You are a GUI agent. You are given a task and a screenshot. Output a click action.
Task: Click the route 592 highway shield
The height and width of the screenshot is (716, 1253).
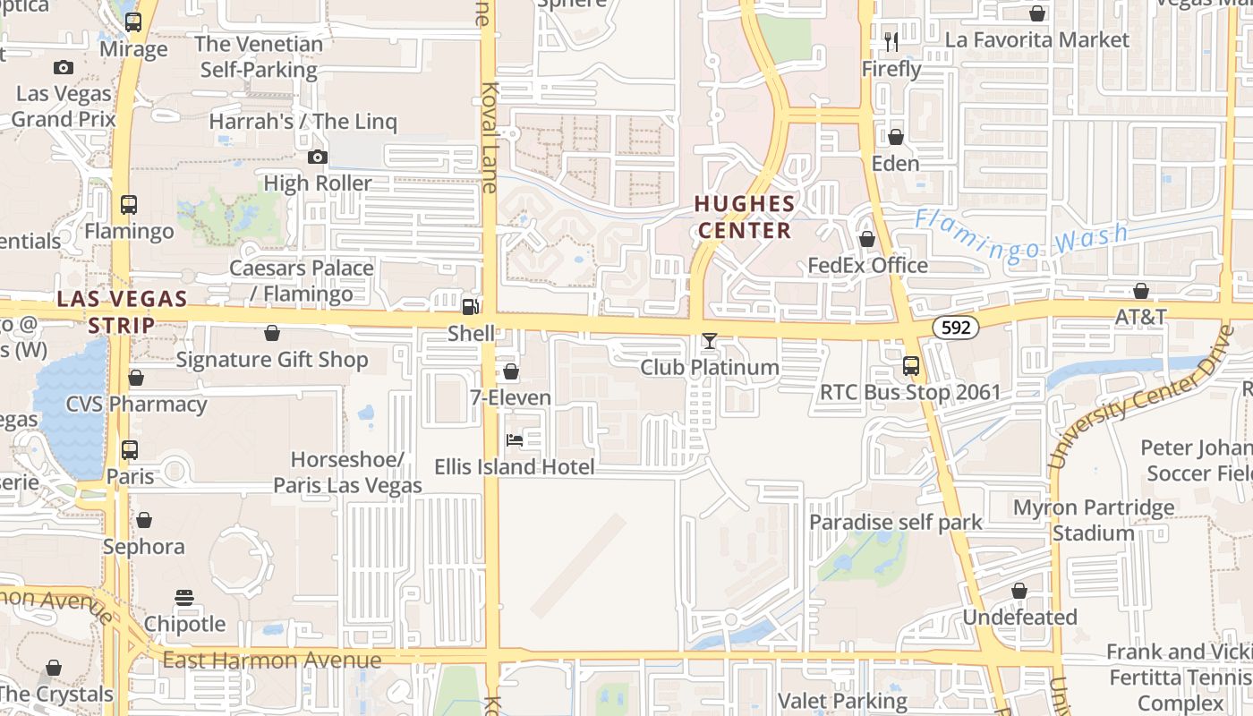(x=956, y=328)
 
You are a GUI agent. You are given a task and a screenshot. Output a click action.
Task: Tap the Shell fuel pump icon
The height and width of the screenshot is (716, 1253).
(x=470, y=307)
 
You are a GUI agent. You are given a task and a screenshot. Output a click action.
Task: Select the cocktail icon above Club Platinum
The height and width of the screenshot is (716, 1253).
(x=710, y=341)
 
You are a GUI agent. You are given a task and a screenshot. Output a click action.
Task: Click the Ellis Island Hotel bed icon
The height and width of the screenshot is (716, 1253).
(x=515, y=439)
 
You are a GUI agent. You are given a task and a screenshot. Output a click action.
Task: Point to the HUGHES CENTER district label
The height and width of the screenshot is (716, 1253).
(x=745, y=217)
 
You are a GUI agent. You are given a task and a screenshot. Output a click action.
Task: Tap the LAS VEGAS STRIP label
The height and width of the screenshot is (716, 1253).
(x=122, y=311)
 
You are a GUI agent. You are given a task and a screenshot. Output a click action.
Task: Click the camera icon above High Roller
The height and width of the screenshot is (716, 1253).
(x=317, y=158)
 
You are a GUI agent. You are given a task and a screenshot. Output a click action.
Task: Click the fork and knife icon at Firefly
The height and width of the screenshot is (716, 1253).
(x=891, y=42)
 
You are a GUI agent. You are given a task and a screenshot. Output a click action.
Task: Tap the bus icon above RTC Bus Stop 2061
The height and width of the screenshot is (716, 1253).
(x=910, y=366)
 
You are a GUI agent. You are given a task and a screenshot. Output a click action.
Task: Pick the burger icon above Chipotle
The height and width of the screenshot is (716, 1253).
(x=184, y=597)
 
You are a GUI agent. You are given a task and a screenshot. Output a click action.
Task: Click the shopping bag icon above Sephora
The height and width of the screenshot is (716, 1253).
(x=143, y=520)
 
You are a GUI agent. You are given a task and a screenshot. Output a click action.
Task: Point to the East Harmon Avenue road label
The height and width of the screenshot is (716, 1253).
(x=272, y=661)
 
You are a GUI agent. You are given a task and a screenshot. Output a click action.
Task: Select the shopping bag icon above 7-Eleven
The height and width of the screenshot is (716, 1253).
(x=511, y=371)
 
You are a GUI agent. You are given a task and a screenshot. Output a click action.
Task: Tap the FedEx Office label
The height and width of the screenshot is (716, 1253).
(x=867, y=266)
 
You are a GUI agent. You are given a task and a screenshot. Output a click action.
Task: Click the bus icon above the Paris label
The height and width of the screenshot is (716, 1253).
(x=130, y=450)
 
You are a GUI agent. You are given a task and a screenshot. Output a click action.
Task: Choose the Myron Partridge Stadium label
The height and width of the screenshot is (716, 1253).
(x=1093, y=521)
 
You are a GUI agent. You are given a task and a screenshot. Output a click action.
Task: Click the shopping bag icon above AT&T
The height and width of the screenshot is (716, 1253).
(x=1141, y=291)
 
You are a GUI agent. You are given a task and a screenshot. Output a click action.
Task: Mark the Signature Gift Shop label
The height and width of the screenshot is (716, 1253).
(x=272, y=360)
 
